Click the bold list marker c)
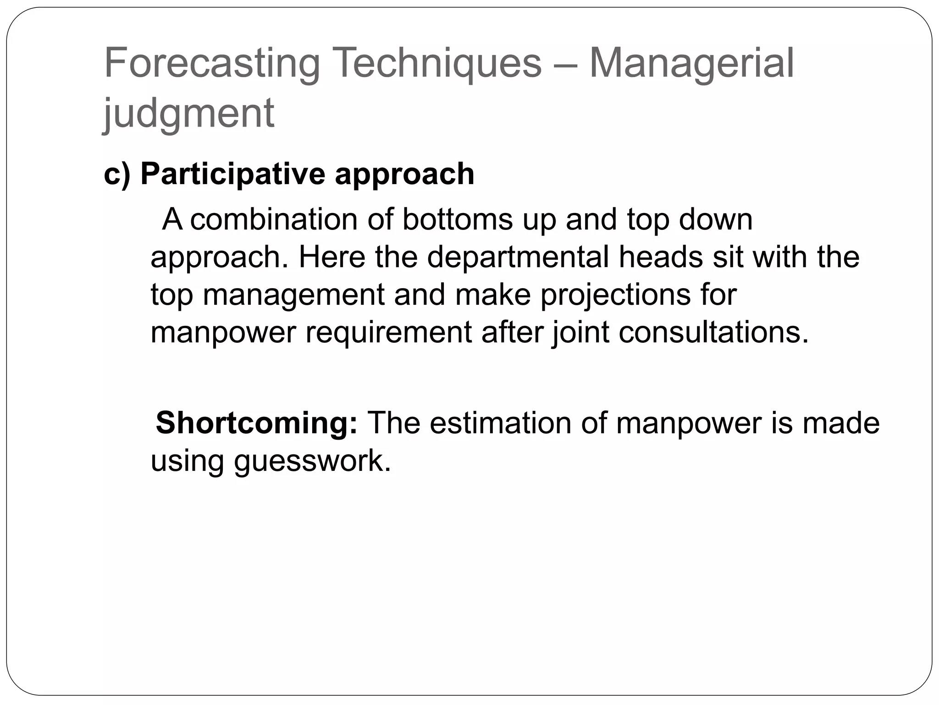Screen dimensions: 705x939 click(x=117, y=174)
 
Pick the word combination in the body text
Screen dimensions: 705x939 click(x=274, y=219)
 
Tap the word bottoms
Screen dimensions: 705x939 click(x=457, y=219)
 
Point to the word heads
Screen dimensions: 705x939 click(x=661, y=257)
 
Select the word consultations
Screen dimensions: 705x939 click(x=713, y=332)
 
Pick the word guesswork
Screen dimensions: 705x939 click(x=312, y=461)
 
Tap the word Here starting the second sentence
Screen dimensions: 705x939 click(x=331, y=257)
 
